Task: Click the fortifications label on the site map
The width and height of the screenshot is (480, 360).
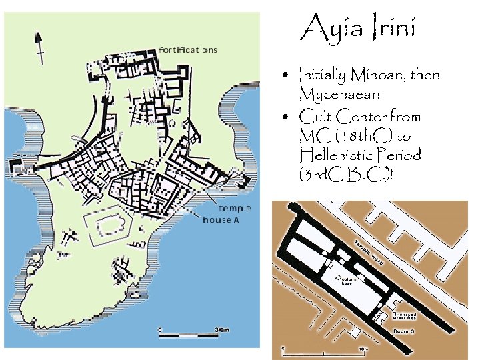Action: (x=188, y=49)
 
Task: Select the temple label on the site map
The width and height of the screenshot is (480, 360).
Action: (x=225, y=209)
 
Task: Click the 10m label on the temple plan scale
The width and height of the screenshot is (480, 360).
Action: (x=364, y=348)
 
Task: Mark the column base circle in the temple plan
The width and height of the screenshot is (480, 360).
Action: (x=339, y=275)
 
